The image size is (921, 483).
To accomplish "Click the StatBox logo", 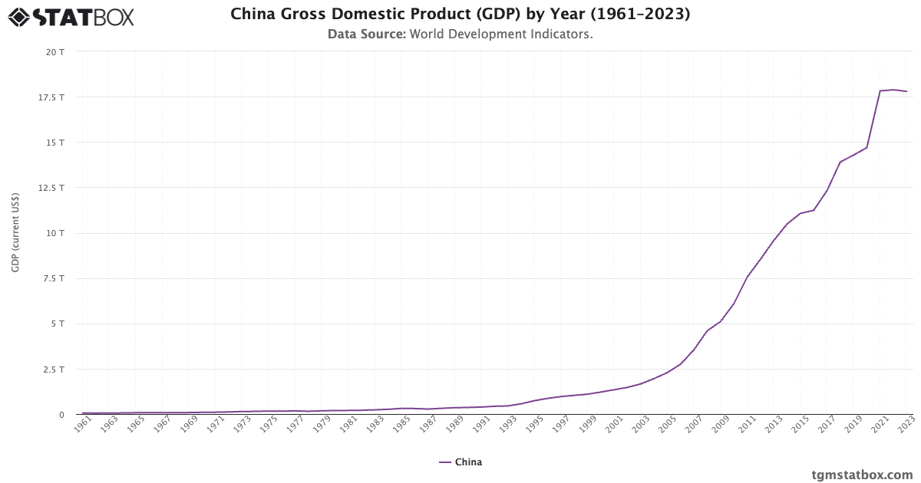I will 71,17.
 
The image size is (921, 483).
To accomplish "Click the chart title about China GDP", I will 460,14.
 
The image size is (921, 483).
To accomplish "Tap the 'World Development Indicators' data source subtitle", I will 460,34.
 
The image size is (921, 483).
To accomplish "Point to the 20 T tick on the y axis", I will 55,52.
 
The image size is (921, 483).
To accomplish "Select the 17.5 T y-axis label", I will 52,97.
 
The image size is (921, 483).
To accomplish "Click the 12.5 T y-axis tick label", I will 52,188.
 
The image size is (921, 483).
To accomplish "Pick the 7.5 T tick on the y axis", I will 54,278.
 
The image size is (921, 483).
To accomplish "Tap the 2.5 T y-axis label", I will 54,370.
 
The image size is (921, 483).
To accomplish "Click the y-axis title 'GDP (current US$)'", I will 15,232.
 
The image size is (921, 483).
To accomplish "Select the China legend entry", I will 460,462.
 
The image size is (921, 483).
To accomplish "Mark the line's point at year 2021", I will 880,91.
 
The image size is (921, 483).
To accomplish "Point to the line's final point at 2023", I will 906,91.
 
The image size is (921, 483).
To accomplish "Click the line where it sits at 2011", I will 748,276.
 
